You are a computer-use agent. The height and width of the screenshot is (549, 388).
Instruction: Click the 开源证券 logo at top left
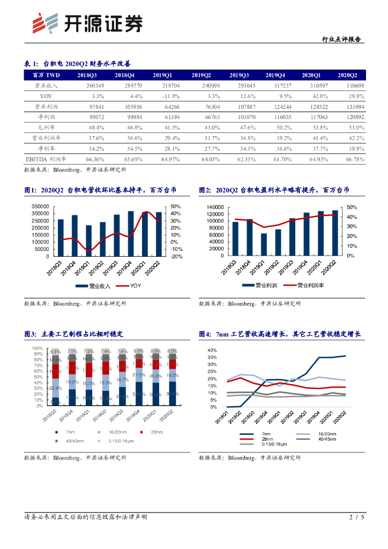click(88, 24)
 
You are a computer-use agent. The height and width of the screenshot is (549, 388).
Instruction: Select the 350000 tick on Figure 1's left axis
click(40, 206)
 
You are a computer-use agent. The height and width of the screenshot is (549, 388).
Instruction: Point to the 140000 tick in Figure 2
click(214, 207)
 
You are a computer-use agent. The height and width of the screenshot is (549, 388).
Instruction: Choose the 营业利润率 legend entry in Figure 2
click(303, 286)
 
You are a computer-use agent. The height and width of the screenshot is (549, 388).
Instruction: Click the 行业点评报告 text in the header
click(341, 40)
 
